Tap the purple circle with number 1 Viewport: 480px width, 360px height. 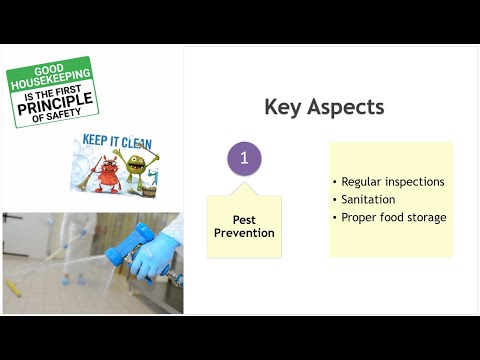(245, 159)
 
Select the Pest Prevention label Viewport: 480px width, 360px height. (244, 225)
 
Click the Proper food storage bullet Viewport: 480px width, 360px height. (393, 217)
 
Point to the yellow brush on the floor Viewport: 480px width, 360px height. (11, 285)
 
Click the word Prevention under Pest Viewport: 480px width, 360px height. (244, 233)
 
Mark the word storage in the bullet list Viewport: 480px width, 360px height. (425, 217)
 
